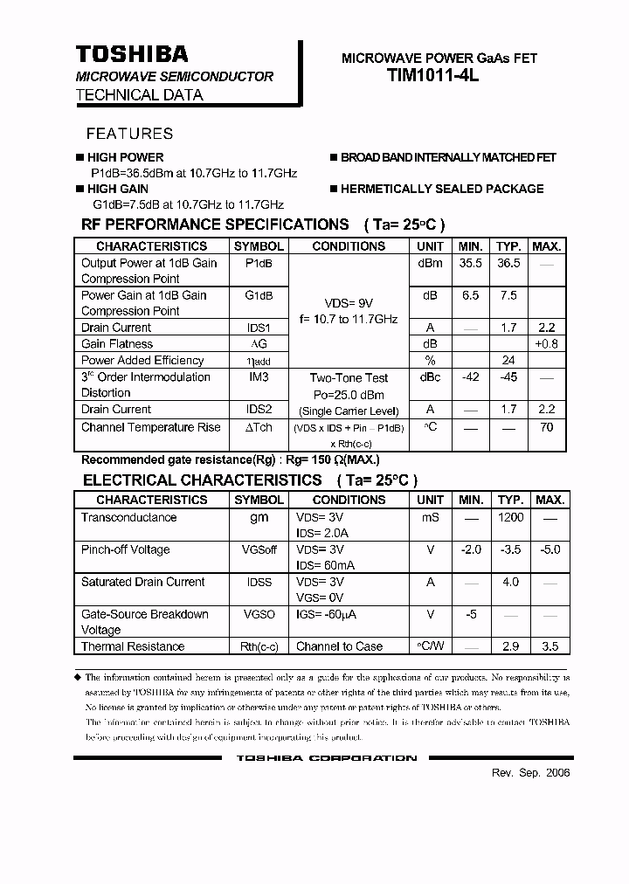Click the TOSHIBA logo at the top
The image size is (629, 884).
[132, 55]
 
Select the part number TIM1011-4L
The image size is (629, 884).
[432, 76]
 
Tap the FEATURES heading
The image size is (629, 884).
[129, 134]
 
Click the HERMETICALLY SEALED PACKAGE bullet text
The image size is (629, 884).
[441, 189]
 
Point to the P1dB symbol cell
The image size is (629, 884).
[259, 263]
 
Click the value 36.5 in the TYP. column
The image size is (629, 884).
[508, 263]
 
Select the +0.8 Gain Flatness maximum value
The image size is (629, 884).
[548, 344]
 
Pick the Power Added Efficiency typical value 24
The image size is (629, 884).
[508, 360]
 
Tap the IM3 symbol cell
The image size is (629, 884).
[259, 377]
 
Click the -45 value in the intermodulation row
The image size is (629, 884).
[508, 377]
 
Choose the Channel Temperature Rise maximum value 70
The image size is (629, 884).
[548, 427]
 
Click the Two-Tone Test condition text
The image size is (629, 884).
[349, 378]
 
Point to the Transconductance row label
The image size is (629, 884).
[128, 517]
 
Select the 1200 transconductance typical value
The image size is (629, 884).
[510, 517]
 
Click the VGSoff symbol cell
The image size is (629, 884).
[259, 549]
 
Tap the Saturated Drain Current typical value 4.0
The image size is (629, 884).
[510, 582]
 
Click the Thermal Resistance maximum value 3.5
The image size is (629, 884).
[549, 646]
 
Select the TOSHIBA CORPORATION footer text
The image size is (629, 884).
[326, 758]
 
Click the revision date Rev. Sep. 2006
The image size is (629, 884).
[530, 774]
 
